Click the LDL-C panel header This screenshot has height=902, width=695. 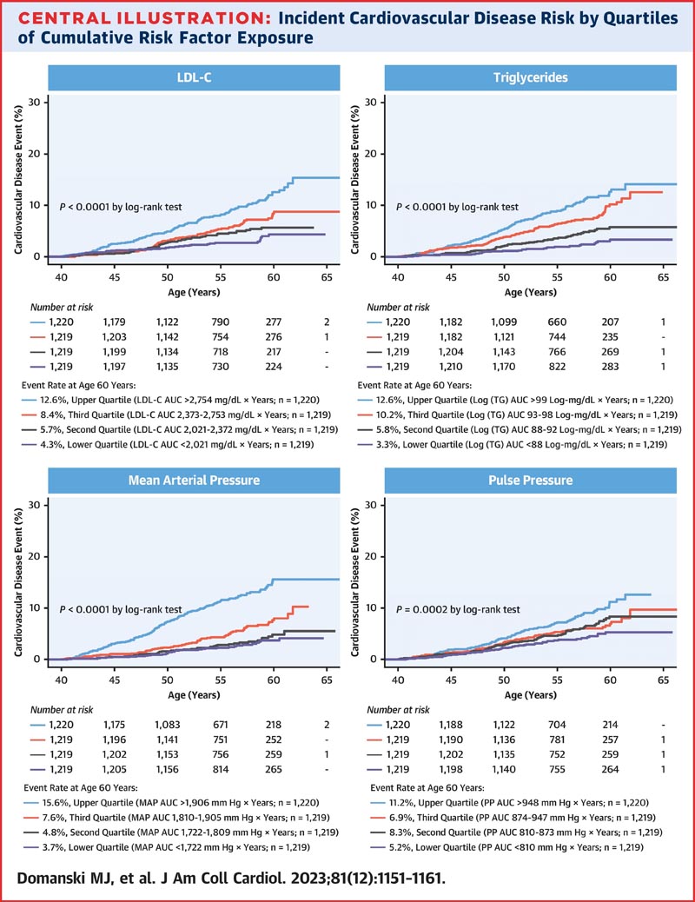[194, 77]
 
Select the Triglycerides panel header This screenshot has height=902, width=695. [531, 77]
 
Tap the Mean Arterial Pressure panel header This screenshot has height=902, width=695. [194, 481]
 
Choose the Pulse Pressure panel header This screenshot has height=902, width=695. [531, 481]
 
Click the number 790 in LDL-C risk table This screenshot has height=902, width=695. [221, 322]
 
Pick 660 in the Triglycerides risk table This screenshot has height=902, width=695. [557, 322]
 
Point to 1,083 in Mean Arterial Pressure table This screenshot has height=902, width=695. [168, 725]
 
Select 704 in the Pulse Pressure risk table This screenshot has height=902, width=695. [557, 725]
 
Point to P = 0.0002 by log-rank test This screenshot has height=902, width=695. [458, 609]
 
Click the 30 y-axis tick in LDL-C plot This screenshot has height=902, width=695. [35, 103]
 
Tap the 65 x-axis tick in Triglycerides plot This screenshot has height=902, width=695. [664, 277]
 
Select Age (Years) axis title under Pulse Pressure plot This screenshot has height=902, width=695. [531, 695]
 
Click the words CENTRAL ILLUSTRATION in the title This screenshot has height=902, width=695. [144, 18]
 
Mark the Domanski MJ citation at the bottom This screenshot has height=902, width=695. [231, 879]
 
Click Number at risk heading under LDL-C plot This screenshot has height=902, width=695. [62, 308]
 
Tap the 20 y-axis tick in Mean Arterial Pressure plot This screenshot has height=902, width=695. [35, 556]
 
